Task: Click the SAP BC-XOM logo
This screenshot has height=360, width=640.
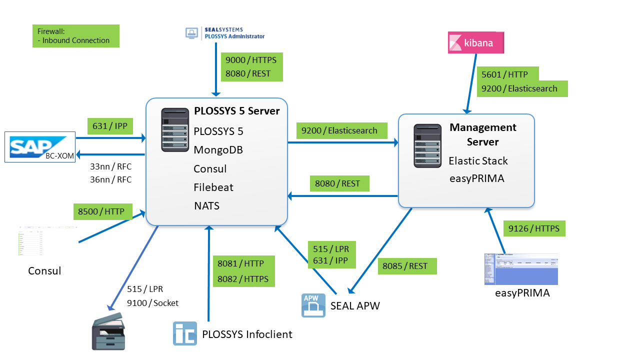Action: (40, 147)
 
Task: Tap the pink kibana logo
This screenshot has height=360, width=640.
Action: (475, 43)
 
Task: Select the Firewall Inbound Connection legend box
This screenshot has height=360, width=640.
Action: (76, 36)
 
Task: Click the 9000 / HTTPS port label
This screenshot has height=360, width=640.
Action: (251, 60)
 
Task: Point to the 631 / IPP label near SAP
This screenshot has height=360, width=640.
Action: (109, 126)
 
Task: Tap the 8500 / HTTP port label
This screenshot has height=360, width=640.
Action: (102, 211)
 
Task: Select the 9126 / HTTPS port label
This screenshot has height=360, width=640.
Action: (534, 228)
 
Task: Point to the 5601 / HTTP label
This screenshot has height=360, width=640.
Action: (505, 74)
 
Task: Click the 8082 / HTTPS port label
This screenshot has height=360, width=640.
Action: (243, 279)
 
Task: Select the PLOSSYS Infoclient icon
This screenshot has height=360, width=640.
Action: (185, 333)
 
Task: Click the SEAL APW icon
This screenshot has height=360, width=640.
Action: (313, 305)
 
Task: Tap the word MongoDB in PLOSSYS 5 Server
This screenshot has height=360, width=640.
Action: (218, 150)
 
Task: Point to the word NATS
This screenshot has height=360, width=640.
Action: (207, 205)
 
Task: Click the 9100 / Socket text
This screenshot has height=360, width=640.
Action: (152, 302)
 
